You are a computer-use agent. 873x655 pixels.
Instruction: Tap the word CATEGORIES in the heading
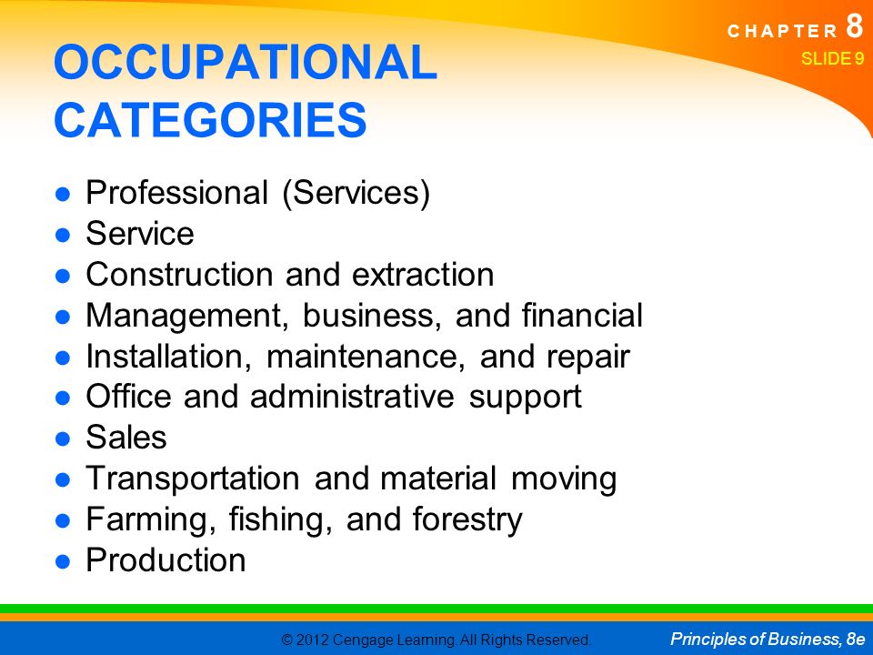click(x=210, y=120)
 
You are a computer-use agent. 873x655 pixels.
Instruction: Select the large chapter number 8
click(x=855, y=25)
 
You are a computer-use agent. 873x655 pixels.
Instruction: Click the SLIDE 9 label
click(x=832, y=58)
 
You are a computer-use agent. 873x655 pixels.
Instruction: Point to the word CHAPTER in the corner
click(x=782, y=31)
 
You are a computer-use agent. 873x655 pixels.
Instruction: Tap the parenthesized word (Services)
click(x=356, y=193)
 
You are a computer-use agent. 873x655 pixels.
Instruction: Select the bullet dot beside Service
click(x=63, y=235)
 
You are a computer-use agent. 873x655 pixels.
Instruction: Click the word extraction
click(x=423, y=275)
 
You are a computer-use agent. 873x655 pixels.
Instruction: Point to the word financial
click(x=582, y=315)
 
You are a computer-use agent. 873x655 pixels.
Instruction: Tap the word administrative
click(x=352, y=397)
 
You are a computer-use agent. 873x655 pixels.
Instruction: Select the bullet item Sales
click(x=126, y=438)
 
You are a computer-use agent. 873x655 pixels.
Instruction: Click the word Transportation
click(x=193, y=479)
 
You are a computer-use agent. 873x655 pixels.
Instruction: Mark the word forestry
click(x=467, y=520)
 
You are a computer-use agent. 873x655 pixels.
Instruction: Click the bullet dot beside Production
click(x=63, y=561)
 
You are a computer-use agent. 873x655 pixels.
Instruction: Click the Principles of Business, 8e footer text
click(x=768, y=639)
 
